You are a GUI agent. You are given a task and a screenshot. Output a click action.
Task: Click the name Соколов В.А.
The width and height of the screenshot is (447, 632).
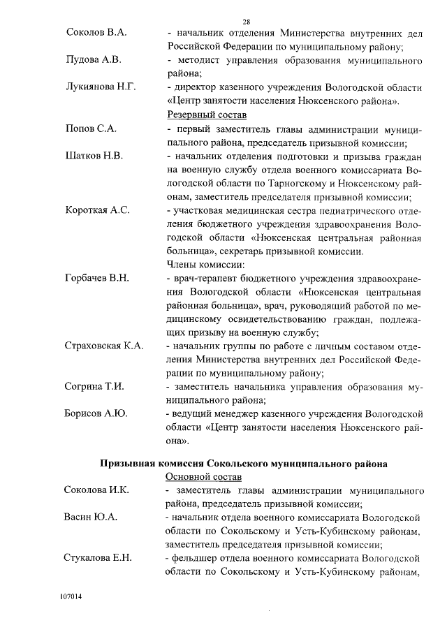coord(96,33)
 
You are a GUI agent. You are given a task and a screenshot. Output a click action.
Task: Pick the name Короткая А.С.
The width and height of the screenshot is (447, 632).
coord(98,210)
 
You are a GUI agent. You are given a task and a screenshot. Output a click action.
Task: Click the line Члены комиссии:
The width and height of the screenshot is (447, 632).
coord(205,265)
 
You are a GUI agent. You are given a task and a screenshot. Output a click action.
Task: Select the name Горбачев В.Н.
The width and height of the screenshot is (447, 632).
coord(97,278)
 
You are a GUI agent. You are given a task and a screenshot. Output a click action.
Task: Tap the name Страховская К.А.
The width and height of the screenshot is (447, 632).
coord(104,346)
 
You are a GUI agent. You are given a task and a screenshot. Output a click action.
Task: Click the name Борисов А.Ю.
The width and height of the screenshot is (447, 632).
coord(96,414)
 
